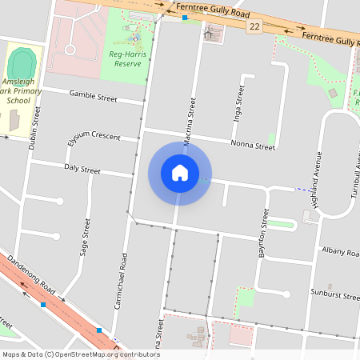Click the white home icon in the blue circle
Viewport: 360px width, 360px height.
point(179,173)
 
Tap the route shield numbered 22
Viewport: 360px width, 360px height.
point(254,26)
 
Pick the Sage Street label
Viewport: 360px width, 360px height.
point(85,237)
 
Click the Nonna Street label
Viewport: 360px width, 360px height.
point(252,145)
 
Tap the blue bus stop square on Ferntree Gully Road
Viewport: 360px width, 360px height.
point(185,17)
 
